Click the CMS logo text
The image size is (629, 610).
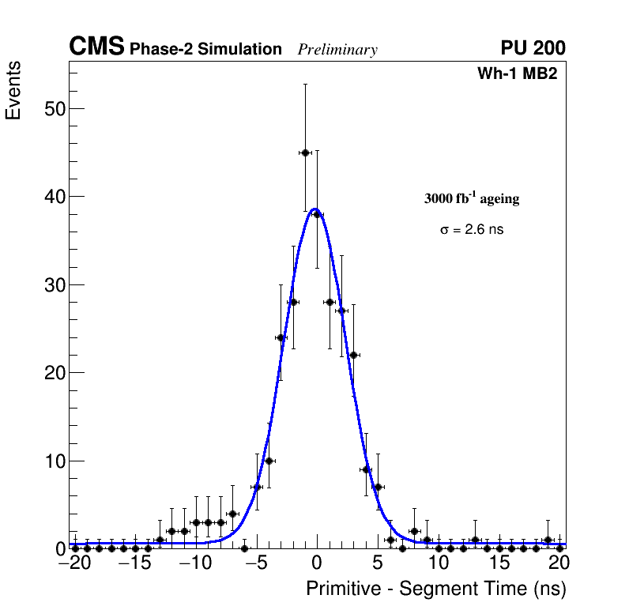[x=96, y=47]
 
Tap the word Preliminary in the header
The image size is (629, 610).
[x=337, y=50]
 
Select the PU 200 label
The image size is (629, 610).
[x=533, y=48]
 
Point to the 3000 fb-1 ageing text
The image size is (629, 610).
[x=472, y=198]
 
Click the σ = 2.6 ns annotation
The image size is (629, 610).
[x=472, y=230]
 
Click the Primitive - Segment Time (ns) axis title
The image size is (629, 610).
[x=435, y=589]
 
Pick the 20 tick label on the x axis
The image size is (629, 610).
[x=559, y=563]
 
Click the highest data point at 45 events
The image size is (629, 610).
[x=305, y=152]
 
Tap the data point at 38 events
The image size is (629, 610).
[x=317, y=214]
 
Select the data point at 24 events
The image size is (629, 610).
[x=281, y=337]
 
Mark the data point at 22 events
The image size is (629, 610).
[x=353, y=355]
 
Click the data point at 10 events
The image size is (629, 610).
[x=269, y=461]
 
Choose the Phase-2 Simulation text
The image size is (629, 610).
[x=205, y=50]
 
